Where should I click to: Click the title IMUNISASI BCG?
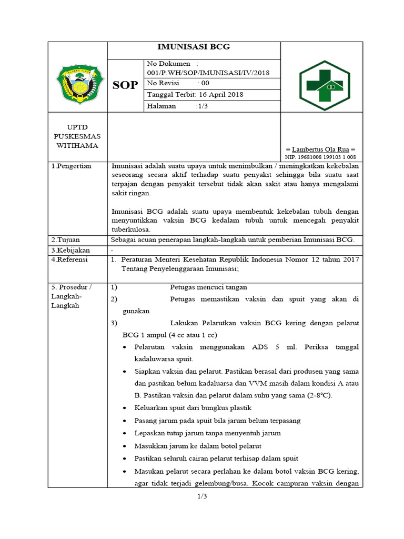tap(194, 47)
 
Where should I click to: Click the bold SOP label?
tap(125, 85)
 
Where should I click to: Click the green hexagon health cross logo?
tap(321, 85)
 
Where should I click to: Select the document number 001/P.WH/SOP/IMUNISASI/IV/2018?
tap(208, 73)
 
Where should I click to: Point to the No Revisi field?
tap(178, 83)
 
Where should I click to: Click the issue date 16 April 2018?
tap(195, 95)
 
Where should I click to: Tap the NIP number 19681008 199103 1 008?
tap(320, 157)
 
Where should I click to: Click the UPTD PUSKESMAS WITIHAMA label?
tap(77, 136)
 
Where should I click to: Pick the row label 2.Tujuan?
tap(65, 240)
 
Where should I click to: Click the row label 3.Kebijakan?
tap(70, 250)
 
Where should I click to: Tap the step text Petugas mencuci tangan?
tap(208, 287)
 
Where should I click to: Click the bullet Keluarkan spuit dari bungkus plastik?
tap(193, 408)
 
